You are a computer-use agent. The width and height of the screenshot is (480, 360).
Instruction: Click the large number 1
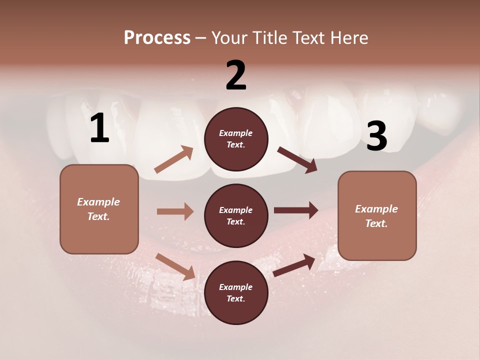click(99, 128)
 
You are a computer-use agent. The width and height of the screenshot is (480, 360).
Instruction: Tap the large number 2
click(236, 75)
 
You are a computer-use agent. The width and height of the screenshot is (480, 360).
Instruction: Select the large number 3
click(376, 136)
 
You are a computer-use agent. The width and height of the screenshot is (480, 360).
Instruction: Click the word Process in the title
click(157, 37)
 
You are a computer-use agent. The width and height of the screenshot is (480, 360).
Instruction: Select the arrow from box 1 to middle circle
click(175, 211)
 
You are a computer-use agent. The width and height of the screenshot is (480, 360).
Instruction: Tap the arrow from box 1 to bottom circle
click(175, 266)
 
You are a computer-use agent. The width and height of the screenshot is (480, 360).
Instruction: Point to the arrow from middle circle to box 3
click(295, 210)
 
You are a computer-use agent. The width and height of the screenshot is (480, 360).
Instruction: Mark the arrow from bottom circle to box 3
click(294, 265)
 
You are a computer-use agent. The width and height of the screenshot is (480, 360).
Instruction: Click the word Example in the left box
click(98, 202)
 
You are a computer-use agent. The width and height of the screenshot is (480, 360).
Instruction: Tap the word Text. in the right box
click(376, 223)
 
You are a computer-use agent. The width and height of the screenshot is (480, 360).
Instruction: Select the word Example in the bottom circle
click(236, 287)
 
